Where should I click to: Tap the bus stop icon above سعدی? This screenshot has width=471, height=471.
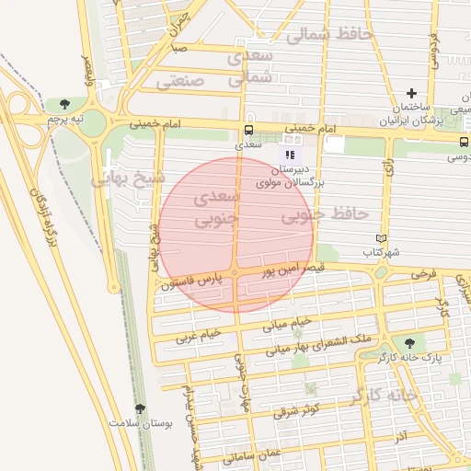(248, 131)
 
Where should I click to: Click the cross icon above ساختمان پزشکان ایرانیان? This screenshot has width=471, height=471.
(410, 93)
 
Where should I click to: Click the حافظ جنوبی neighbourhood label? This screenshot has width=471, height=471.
(324, 215)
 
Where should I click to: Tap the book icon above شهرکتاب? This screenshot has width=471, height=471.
(395, 238)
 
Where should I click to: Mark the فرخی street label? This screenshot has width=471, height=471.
(423, 274)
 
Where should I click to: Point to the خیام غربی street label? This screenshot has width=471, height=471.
(200, 332)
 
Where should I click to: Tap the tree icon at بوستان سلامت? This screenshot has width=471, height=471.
(141, 408)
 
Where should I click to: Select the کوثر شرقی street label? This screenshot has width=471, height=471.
(297, 408)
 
